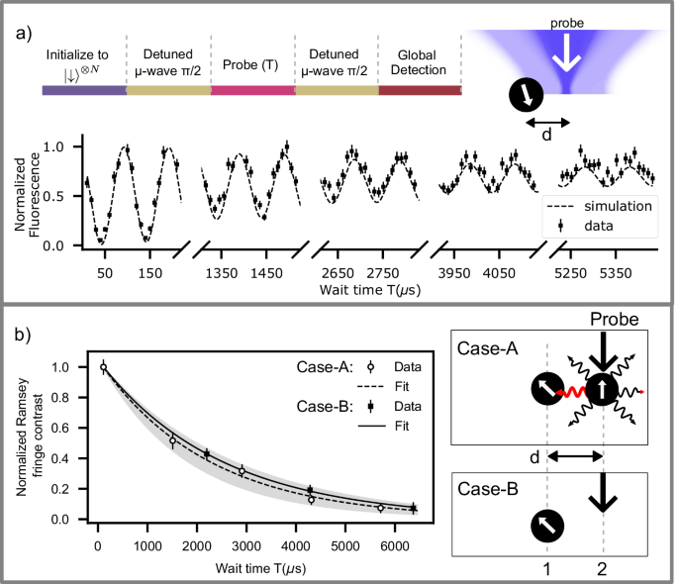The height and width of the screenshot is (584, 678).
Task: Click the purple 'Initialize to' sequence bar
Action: [x=83, y=90]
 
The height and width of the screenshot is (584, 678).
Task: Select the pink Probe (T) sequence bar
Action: [x=252, y=90]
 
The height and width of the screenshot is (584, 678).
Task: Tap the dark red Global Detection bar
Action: [x=420, y=90]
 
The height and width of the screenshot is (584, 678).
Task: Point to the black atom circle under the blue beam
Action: [x=526, y=96]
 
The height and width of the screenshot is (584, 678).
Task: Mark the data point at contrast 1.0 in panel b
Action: [x=103, y=367]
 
